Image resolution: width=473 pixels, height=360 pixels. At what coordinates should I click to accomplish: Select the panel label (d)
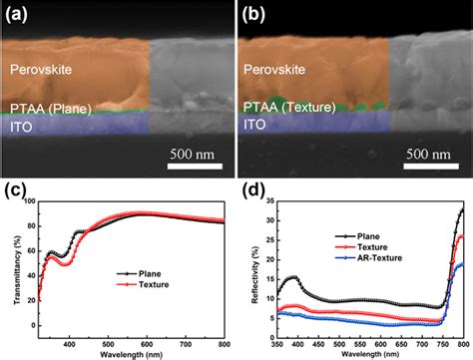pos(253,184)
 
